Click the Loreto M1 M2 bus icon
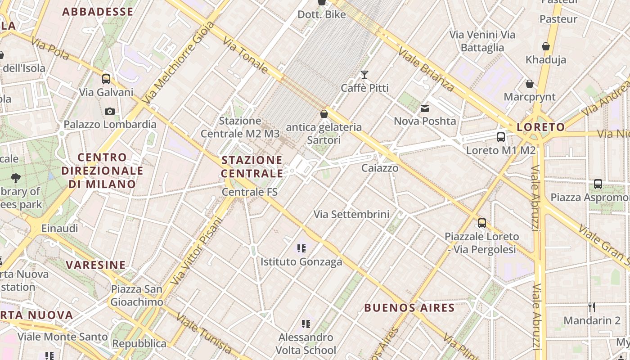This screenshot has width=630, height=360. click(x=500, y=137)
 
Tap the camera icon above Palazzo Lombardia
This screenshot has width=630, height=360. click(x=109, y=111)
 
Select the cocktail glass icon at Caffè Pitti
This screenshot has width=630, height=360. click(x=364, y=75)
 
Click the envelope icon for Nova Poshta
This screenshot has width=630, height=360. click(x=425, y=108)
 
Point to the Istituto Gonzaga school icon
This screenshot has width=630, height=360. click(x=301, y=248)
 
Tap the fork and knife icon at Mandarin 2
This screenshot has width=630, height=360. click(x=592, y=308)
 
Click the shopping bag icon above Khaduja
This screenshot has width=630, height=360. click(x=546, y=46)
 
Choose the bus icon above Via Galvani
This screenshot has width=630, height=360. click(x=106, y=79)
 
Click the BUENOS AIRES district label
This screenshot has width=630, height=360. click(x=409, y=308)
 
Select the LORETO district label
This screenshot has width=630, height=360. click(x=540, y=127)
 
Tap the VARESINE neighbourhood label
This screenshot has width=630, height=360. click(x=96, y=265)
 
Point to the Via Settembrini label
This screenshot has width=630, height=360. click(x=351, y=214)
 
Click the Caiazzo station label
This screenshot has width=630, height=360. click(x=380, y=168)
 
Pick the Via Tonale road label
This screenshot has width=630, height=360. click(x=246, y=55)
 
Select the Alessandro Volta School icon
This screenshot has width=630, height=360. click(x=306, y=324)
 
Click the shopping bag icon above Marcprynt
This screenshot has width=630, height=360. click(x=530, y=84)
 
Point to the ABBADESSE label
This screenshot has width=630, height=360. click(x=98, y=12)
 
